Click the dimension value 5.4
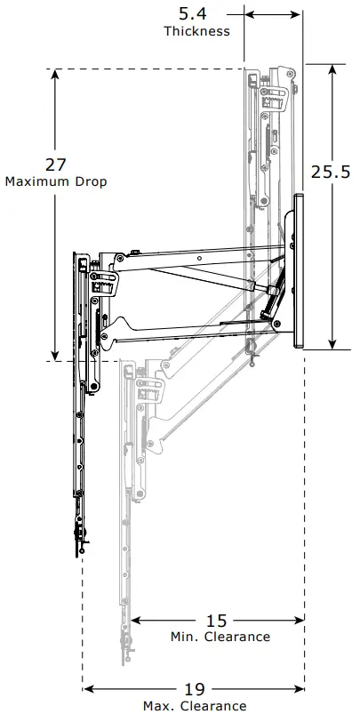tap(196, 14)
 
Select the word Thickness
tap(196, 31)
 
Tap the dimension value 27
tap(56, 164)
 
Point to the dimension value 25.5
tap(330, 172)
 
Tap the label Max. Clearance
tap(196, 705)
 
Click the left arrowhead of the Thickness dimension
tap(249, 14)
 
